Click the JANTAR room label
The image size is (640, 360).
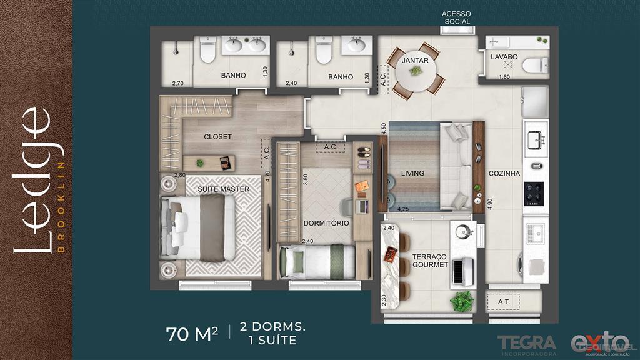click(x=415, y=60)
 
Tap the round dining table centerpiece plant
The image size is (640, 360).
click(x=416, y=71)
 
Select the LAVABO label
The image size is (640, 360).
click(x=504, y=56)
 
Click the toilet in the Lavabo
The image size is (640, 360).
click(x=535, y=65)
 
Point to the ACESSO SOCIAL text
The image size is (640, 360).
click(x=456, y=17)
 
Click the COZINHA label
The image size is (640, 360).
click(x=504, y=174)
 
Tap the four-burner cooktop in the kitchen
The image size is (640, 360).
click(x=535, y=193)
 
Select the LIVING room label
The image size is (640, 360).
click(x=412, y=173)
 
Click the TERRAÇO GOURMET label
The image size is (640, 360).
click(x=430, y=261)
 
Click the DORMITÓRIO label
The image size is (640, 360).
click(x=326, y=223)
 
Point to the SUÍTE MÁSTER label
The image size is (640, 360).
click(x=224, y=189)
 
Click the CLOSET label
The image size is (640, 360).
click(x=217, y=136)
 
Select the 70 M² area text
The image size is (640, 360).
click(x=192, y=334)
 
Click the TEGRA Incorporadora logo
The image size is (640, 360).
click(x=526, y=344)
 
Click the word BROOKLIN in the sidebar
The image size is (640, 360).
click(x=61, y=206)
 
